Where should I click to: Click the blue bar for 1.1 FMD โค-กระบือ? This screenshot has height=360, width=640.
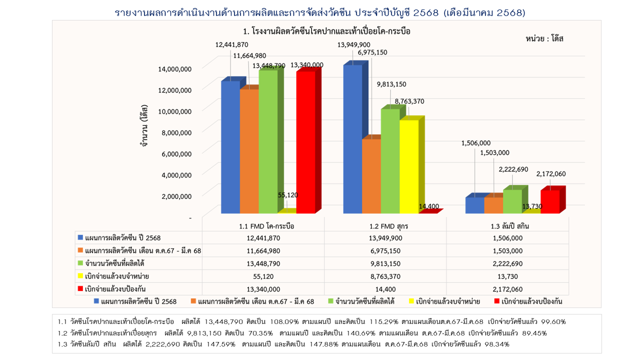click(x=230, y=147)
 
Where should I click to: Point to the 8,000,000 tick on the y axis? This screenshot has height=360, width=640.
click(x=174, y=132)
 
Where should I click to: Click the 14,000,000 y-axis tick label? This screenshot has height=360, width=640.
click(x=172, y=69)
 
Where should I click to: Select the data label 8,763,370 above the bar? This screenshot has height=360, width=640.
click(x=409, y=101)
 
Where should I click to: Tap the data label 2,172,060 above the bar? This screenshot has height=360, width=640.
click(x=551, y=173)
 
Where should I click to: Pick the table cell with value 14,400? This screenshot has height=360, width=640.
click(x=385, y=289)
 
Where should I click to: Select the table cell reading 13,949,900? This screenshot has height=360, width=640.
click(x=385, y=237)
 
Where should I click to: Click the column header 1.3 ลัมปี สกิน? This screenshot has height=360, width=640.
click(x=507, y=226)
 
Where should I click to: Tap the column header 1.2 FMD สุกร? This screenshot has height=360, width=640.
click(x=385, y=226)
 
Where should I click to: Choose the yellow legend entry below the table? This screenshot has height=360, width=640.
click(x=444, y=301)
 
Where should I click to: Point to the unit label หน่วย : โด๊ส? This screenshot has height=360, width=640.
click(x=544, y=38)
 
